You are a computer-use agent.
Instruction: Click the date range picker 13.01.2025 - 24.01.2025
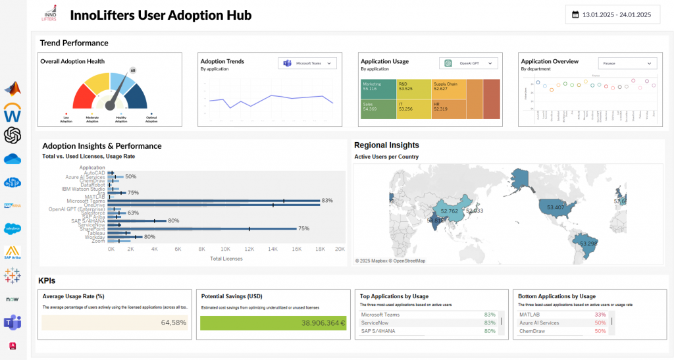pos(612,14)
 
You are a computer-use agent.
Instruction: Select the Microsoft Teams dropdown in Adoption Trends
pos(308,63)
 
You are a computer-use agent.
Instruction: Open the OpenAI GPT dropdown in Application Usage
pos(469,63)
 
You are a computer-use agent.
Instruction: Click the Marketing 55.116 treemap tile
pos(377,88)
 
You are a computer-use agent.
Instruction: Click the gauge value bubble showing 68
pos(133,70)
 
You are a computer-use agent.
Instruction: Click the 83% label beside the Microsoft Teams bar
pos(327,201)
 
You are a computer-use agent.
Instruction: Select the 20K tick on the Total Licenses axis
pos(340,249)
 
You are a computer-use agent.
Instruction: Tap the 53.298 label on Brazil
pos(588,244)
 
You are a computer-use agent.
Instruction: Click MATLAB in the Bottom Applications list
pos(528,315)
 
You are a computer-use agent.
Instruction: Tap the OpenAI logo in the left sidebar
pos(13,135)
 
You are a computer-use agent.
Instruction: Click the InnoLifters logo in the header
pos(49,14)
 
